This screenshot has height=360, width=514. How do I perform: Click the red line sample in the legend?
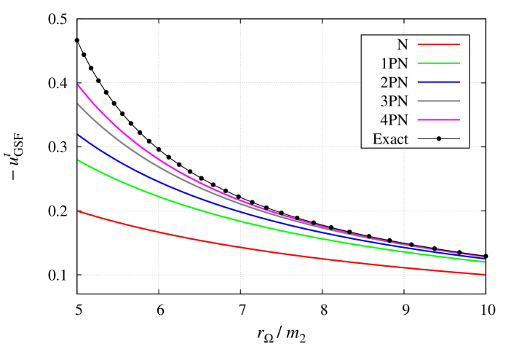coord(438,44)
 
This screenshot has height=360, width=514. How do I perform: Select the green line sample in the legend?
coord(438,63)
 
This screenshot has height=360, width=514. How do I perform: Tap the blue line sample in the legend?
coord(438,82)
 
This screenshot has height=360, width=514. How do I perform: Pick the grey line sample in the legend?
coord(438,101)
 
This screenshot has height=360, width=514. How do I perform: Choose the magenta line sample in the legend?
coord(438,120)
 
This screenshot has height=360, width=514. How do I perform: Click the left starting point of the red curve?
coord(78,211)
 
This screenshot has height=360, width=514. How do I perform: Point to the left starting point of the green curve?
coord(78,160)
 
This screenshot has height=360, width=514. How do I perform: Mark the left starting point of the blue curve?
coord(78,134)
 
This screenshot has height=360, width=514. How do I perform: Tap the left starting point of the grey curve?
coord(78,104)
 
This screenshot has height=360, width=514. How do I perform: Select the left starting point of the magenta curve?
coord(78,85)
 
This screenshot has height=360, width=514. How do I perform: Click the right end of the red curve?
coord(485,275)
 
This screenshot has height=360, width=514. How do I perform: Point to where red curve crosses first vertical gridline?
coord(159,232)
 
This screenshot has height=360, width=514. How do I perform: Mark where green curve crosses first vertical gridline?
coord(159,195)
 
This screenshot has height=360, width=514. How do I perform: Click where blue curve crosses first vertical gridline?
coord(159,181)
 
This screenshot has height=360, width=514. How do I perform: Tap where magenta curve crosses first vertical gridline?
coord(159,158)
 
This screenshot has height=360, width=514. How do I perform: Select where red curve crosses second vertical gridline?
coord(240,248)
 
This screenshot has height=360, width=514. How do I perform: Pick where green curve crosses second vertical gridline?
coord(240,220)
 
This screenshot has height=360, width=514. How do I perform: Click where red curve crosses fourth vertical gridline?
coord(403,267)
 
